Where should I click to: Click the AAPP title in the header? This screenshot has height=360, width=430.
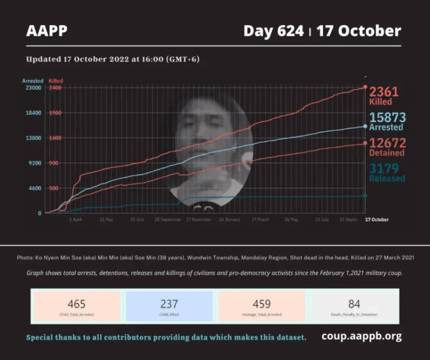pyautogui.click(x=46, y=31)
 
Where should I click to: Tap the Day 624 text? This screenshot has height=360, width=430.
pyautogui.click(x=274, y=31)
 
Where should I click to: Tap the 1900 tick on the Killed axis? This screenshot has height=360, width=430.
pyautogui.click(x=55, y=113)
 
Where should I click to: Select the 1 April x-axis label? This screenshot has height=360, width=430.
pyautogui.click(x=76, y=220)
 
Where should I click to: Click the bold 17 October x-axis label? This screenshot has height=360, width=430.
pyautogui.click(x=376, y=220)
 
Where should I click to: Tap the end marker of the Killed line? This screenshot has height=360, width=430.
pyautogui.click(x=365, y=87)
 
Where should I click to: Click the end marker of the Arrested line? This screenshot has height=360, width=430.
pyautogui.click(x=365, y=127)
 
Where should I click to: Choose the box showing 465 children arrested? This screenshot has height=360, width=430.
pyautogui.click(x=76, y=306)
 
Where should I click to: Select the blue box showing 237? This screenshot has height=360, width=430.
pyautogui.click(x=169, y=306)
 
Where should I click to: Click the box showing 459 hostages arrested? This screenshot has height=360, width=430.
pyautogui.click(x=261, y=306)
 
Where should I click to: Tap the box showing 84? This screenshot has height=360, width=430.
pyautogui.click(x=354, y=306)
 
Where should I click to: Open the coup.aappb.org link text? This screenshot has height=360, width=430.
pyautogui.click(x=361, y=336)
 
